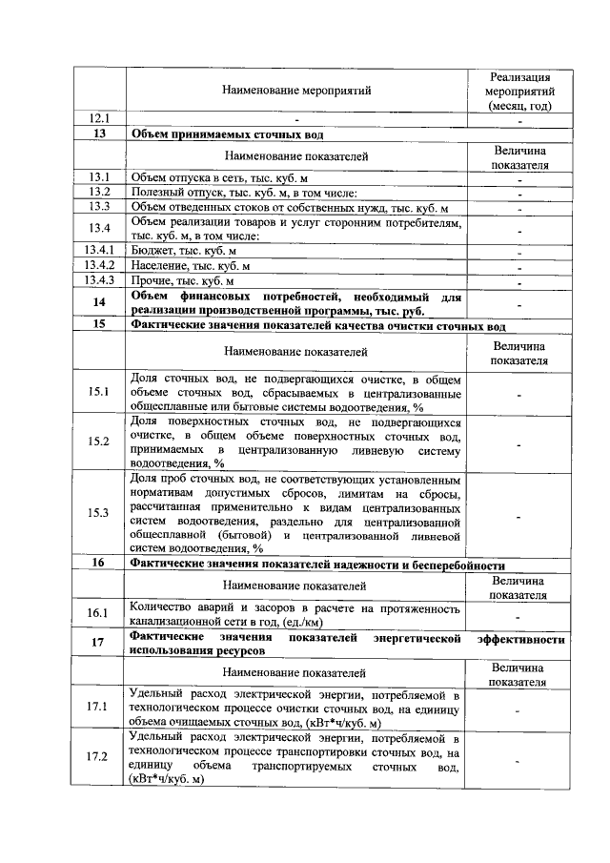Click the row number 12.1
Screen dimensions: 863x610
click(x=100, y=120)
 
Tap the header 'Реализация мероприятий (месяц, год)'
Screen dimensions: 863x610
click(x=520, y=91)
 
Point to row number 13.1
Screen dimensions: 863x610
click(x=100, y=177)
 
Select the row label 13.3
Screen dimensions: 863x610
click(x=100, y=207)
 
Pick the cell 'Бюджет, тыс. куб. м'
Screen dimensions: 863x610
click(x=183, y=251)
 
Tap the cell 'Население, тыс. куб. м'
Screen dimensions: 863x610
click(x=190, y=266)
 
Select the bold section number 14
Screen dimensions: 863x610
click(x=99, y=303)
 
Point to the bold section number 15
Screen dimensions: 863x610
click(x=99, y=325)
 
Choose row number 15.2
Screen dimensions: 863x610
click(x=99, y=442)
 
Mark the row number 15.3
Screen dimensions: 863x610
click(x=99, y=513)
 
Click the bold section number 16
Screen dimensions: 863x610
click(x=99, y=564)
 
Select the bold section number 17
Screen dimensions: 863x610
click(x=99, y=642)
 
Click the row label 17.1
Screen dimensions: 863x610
click(x=99, y=707)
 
